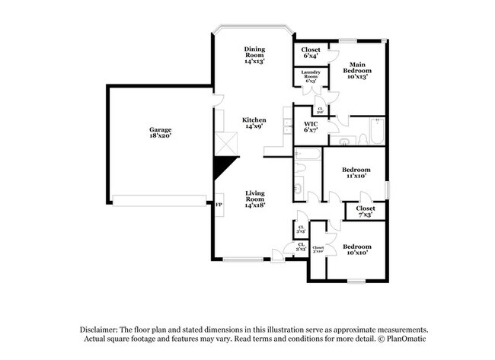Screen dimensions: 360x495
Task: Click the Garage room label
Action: [160, 132]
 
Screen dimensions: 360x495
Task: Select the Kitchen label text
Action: [254, 123]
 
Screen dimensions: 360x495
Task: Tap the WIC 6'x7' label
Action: [311, 126]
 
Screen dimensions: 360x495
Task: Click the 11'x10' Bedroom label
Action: [356, 172]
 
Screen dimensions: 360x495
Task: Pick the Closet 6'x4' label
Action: [310, 53]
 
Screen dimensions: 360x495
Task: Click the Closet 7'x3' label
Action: [366, 211]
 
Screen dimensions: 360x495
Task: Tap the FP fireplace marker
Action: [219, 205]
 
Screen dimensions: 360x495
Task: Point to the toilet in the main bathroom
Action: [344, 142]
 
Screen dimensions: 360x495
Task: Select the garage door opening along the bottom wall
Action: [160, 200]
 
